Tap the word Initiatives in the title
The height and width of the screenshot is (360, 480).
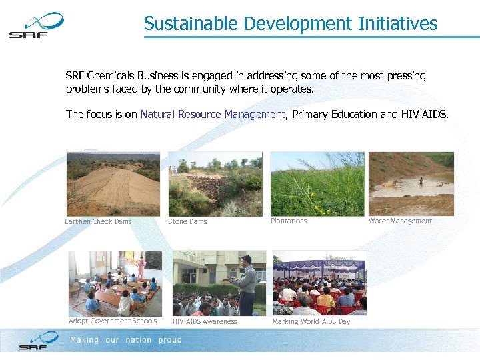tap(398, 24)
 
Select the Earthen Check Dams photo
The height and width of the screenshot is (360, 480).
tap(113, 183)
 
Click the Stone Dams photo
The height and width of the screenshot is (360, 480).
tap(215, 183)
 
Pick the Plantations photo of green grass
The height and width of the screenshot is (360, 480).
tap(317, 183)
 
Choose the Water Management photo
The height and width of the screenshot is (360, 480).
tap(411, 183)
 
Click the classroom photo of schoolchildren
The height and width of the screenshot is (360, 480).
tap(115, 283)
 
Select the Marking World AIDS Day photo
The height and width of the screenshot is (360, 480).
tap(319, 283)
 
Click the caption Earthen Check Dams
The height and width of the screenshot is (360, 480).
tap(98, 221)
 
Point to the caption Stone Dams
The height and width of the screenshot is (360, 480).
tap(187, 221)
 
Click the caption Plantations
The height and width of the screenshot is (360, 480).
tap(289, 221)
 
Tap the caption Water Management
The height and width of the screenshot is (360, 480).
tap(400, 221)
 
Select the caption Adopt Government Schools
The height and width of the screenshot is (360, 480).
tap(113, 321)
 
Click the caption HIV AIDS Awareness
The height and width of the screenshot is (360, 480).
tap(205, 321)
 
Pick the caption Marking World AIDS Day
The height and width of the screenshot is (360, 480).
tap(311, 321)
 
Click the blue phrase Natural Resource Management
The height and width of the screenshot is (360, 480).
tap(213, 115)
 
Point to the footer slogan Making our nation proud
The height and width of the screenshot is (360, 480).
tap(126, 340)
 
